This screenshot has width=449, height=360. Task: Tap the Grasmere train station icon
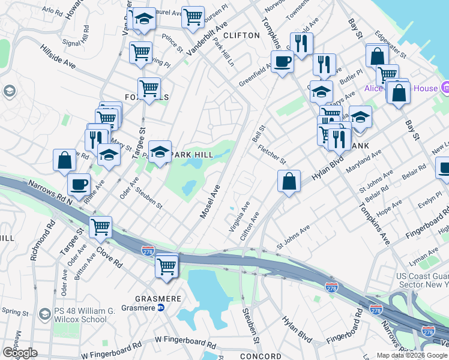161,308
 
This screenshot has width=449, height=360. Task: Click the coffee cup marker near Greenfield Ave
282,61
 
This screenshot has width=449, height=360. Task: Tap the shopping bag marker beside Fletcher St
289,181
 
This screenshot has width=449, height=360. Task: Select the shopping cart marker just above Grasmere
166,266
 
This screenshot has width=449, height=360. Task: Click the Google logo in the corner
20,353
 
